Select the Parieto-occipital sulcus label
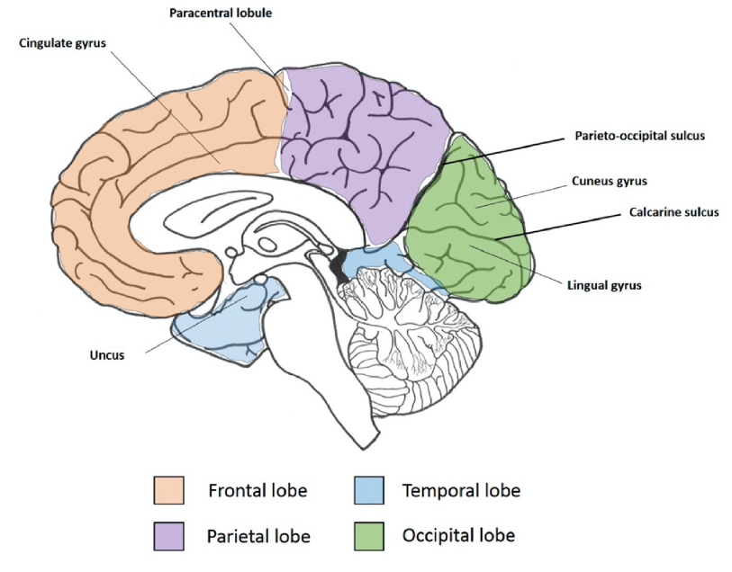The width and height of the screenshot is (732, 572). (x=639, y=137)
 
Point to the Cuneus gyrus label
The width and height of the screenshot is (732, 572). (x=610, y=181)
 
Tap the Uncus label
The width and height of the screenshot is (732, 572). (x=106, y=355)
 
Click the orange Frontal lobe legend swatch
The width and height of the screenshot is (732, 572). (x=168, y=491)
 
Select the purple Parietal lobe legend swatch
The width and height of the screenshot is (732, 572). (x=168, y=536)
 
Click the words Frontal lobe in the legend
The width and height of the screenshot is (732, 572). (x=258, y=491)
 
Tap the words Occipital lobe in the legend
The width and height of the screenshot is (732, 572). (x=458, y=536)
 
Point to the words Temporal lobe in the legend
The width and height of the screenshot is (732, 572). (x=461, y=491)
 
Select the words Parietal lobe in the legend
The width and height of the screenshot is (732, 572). (x=259, y=537)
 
